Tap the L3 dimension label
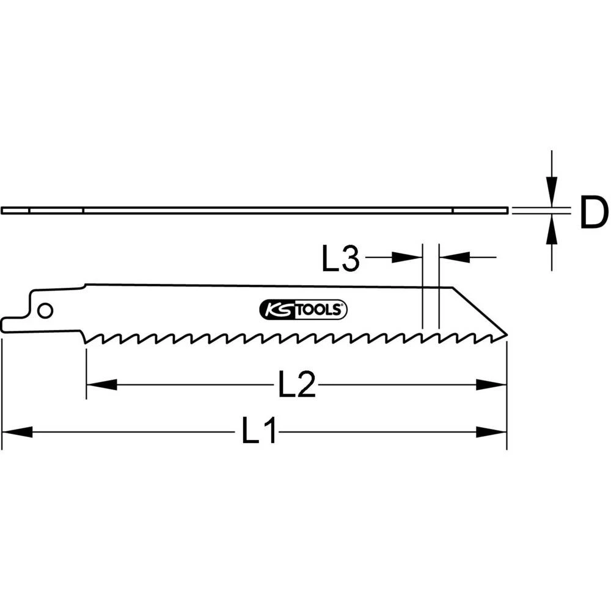click(343, 258)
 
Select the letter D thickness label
click(593, 213)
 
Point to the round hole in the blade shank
click(44, 310)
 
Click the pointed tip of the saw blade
click(505, 335)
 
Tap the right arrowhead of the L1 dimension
click(491, 432)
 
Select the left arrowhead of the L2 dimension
click(101, 385)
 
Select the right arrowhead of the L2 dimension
click(491, 385)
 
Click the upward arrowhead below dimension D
click(552, 232)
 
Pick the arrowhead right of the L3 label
click(406, 258)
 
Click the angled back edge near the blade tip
click(480, 311)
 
